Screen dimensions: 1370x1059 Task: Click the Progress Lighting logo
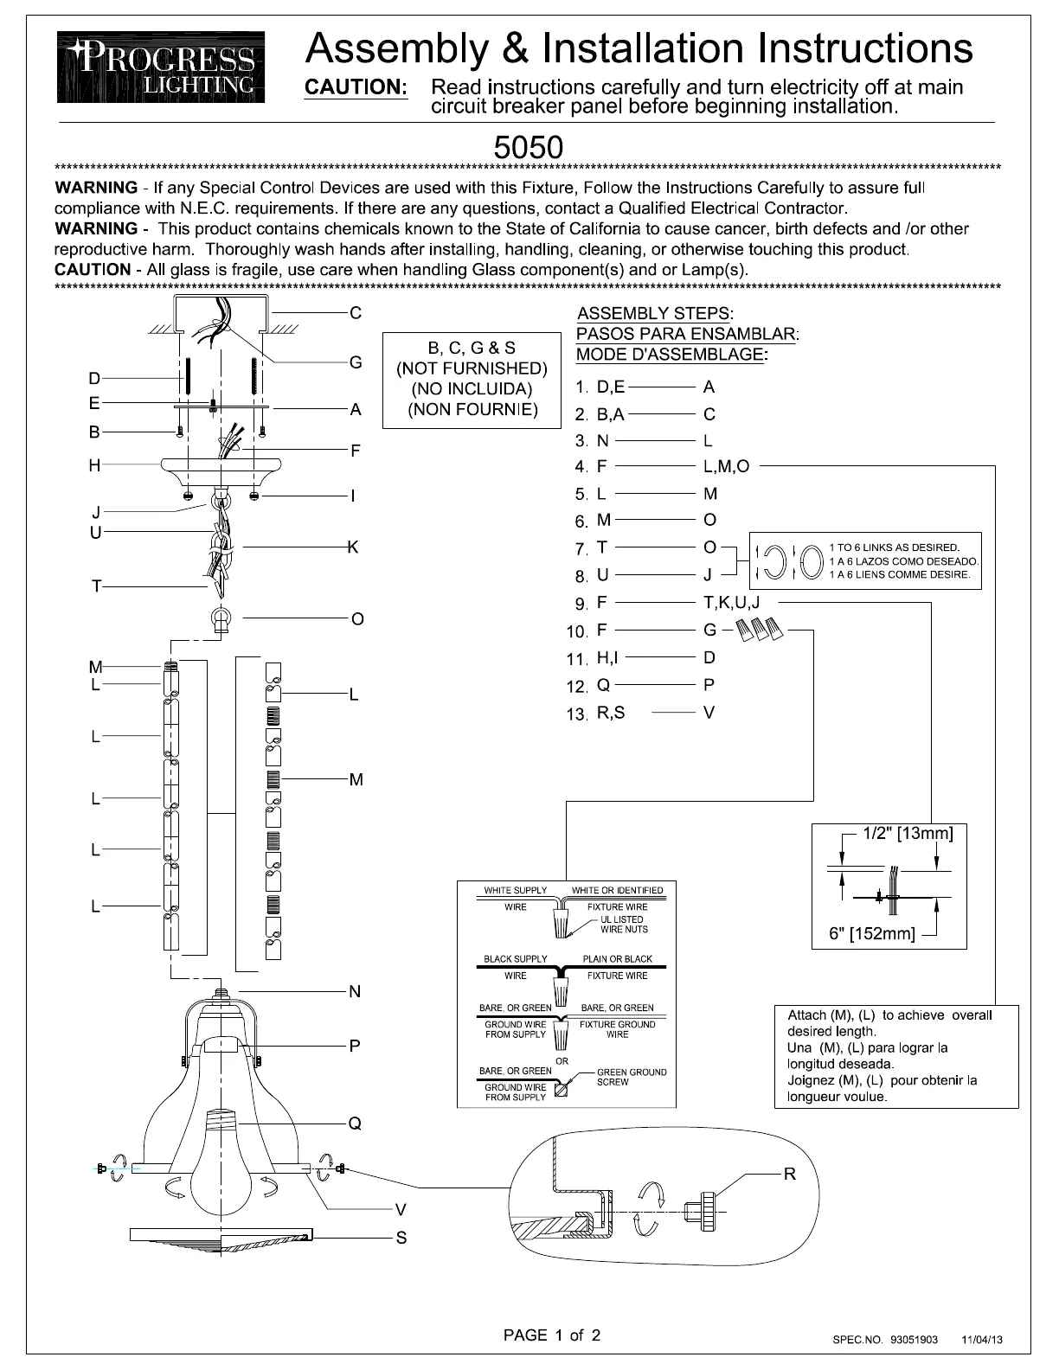(161, 67)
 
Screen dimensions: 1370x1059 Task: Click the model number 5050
(528, 147)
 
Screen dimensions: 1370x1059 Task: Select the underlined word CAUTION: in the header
(356, 87)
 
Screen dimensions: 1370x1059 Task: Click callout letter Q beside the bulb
(355, 1124)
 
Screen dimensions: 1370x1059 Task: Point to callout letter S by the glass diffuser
(401, 1238)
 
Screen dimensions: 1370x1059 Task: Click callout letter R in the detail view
(789, 1174)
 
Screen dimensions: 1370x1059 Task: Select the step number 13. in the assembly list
(576, 714)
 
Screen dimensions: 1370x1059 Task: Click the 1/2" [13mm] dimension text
(908, 834)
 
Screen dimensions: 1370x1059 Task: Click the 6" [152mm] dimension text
(872, 934)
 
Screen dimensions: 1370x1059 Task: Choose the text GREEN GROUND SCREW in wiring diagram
(632, 1077)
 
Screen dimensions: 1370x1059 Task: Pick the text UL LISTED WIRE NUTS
(624, 925)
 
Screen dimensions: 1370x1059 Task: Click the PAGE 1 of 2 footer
(552, 1335)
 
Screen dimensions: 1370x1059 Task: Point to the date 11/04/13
(982, 1340)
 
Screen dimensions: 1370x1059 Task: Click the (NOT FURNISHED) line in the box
(472, 368)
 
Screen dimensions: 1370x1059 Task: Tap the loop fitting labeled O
(222, 620)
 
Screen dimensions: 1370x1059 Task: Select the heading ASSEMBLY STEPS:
(655, 313)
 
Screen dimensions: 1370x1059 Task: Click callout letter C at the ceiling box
(356, 313)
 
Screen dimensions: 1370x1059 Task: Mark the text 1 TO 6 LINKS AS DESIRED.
(894, 547)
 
